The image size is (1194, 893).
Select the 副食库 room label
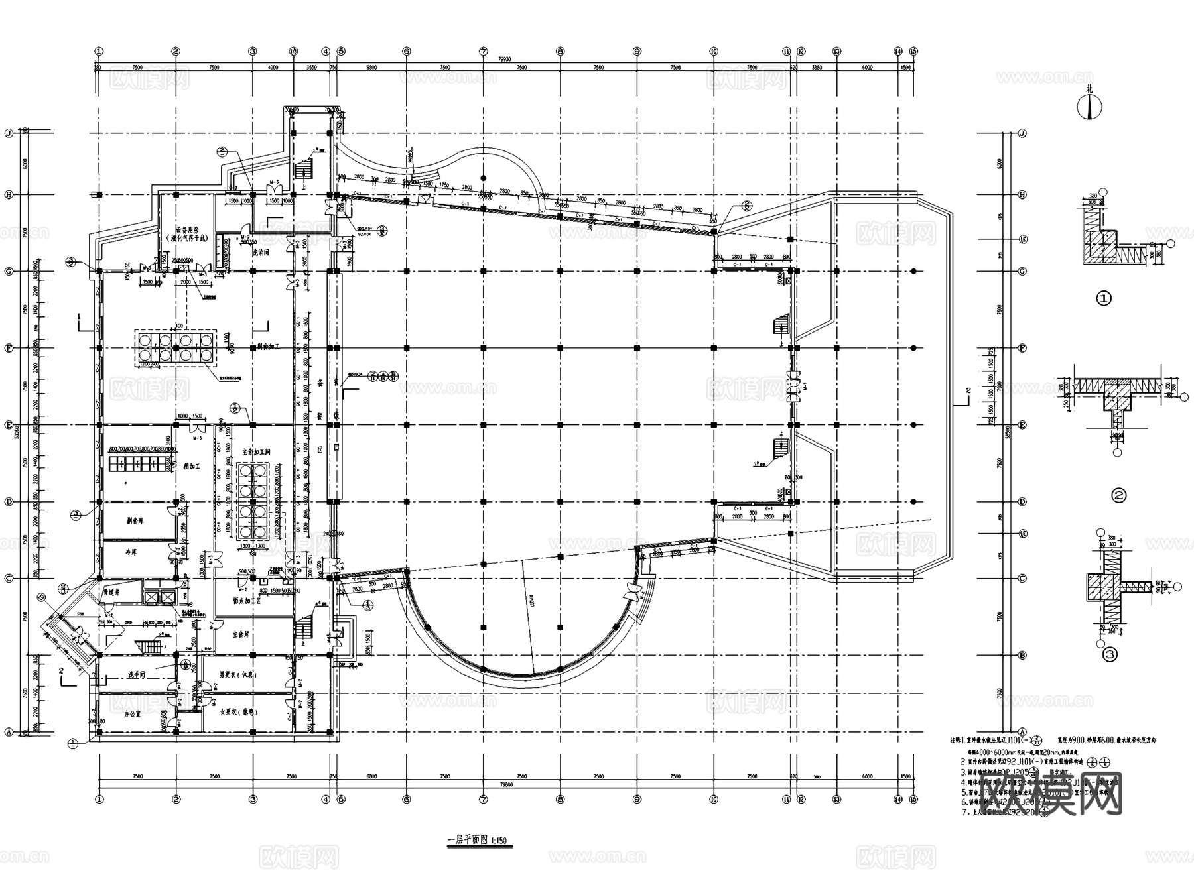(x=135, y=521)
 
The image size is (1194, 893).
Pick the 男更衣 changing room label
(x=238, y=675)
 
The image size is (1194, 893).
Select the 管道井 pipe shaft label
(x=111, y=591)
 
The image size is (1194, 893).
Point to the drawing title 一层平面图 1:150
(x=477, y=839)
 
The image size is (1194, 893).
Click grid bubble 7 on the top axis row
(x=484, y=51)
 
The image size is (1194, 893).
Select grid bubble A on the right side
(x=1022, y=731)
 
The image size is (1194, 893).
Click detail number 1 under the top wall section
(x=1104, y=299)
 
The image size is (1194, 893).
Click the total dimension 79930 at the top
(x=505, y=58)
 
